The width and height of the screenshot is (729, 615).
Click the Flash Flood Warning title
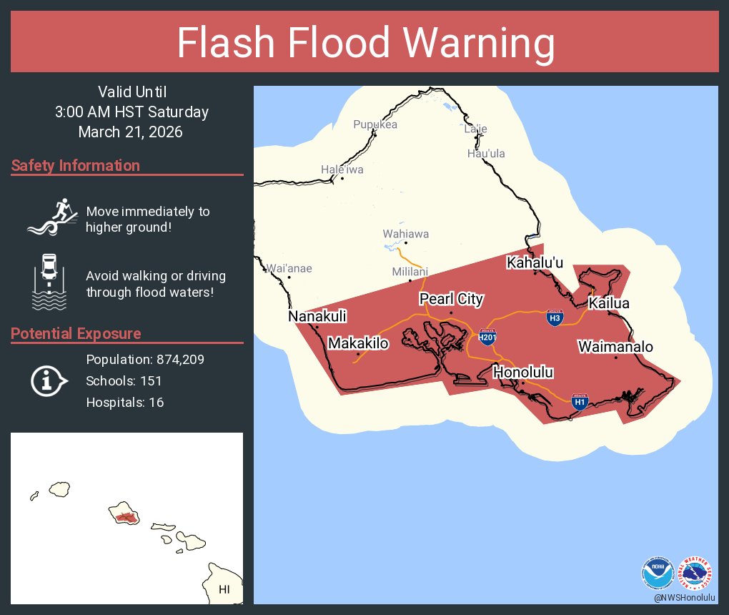365,44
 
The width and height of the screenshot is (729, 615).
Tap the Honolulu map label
523,372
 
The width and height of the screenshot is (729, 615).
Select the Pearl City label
451,299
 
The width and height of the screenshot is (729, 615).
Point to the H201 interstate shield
487,337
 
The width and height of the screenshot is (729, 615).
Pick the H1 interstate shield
580,402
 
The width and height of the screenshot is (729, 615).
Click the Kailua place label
609,304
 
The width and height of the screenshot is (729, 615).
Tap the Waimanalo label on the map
615,347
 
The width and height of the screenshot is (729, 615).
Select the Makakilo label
358,343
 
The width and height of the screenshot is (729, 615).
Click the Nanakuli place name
317,315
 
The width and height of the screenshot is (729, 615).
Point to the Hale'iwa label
342,169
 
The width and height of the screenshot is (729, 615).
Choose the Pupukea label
375,124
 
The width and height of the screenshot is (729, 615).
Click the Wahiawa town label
406,234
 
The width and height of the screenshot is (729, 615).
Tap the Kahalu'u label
535,262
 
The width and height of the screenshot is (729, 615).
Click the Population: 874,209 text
145,360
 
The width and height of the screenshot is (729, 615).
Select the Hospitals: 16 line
125,403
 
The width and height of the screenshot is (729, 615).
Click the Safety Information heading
76,166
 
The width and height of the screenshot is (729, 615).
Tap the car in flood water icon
49,282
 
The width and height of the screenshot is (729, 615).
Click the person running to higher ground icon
51,217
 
